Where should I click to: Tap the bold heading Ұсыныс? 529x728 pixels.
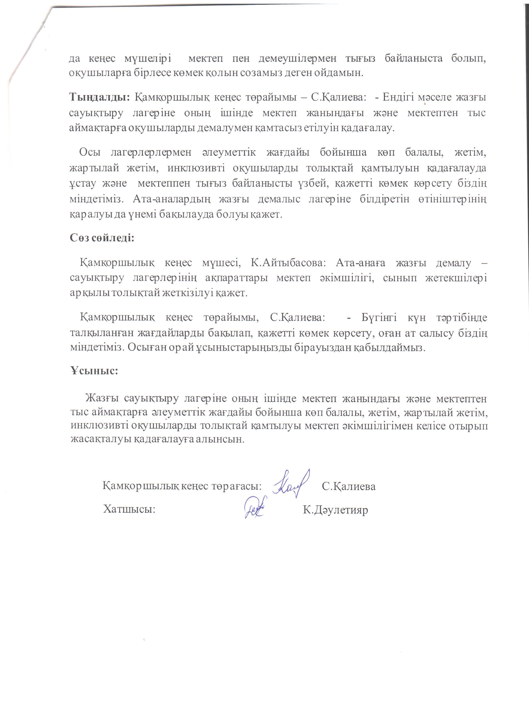94,370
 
